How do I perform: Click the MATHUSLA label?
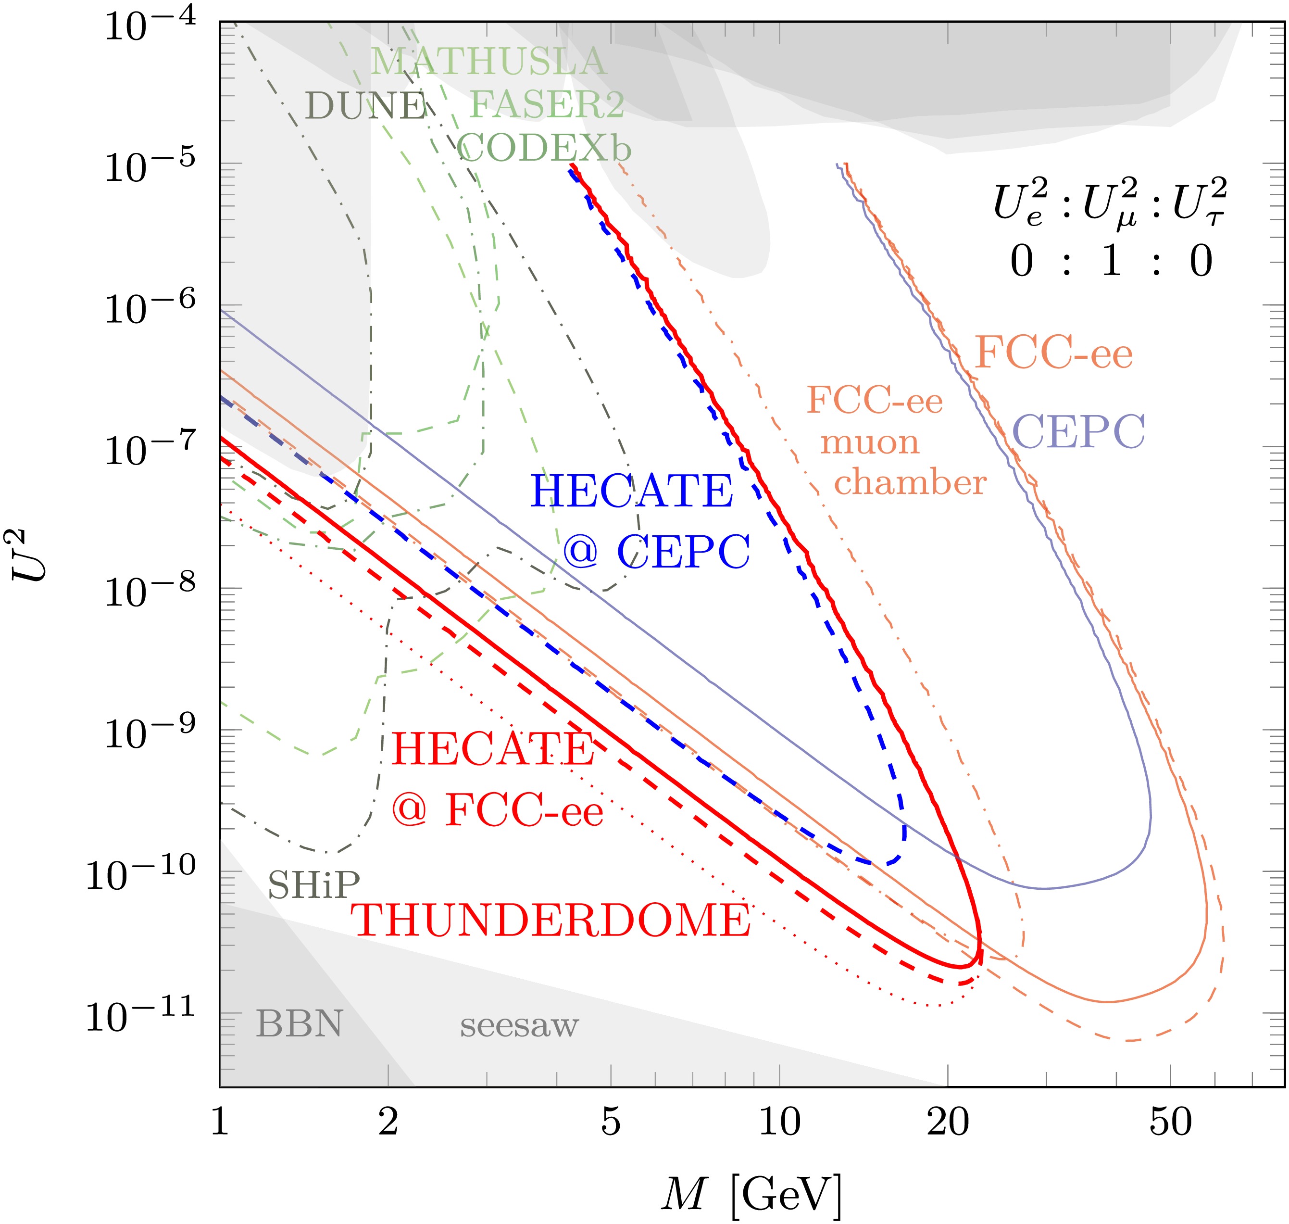[488, 63]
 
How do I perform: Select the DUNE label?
[365, 106]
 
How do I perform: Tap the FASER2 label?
[547, 104]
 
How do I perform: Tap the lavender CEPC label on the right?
[1079, 432]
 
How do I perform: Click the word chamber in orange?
[911, 483]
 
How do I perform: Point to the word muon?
[870, 443]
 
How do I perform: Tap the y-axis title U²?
[31, 555]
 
